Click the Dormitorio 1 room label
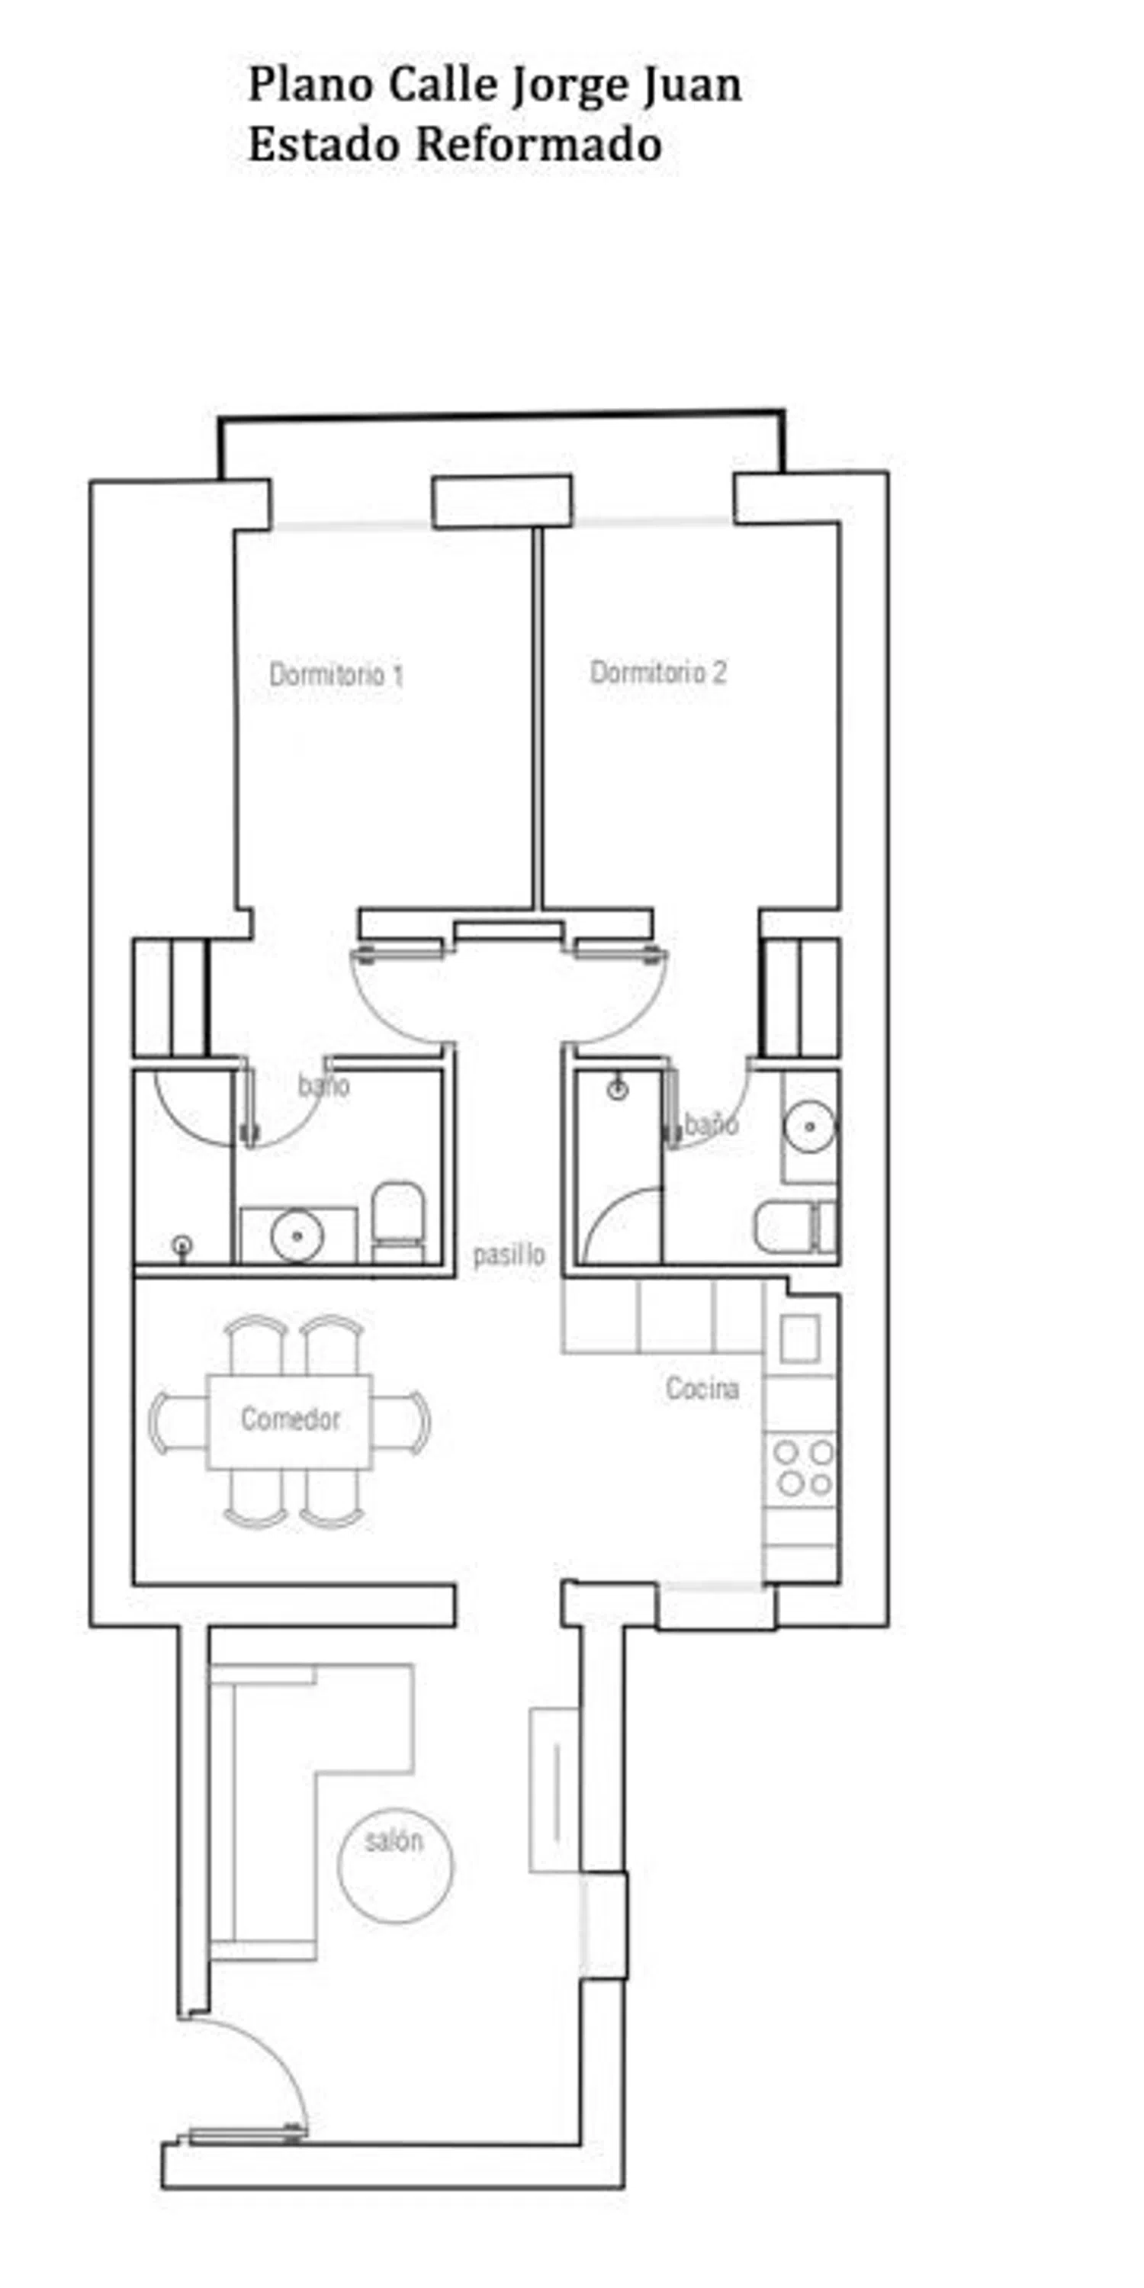[x=336, y=674]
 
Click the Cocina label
[x=702, y=1387]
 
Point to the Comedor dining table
[x=290, y=1421]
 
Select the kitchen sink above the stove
[x=799, y=1338]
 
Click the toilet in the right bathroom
[x=795, y=1226]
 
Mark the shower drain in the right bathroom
[x=619, y=1089]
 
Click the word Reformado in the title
[x=540, y=144]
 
